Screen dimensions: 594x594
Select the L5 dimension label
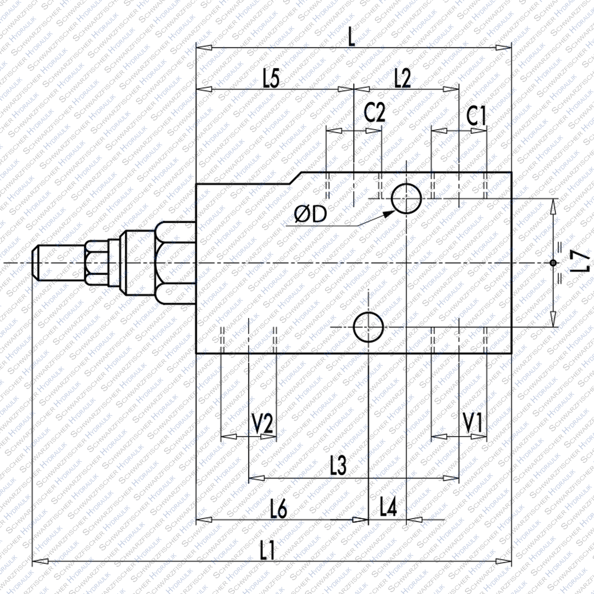tap(271, 78)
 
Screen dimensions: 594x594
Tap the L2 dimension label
tap(402, 78)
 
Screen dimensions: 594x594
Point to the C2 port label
tap(374, 114)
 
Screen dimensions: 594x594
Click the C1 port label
tap(476, 116)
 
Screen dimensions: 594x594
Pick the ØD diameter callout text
tap(310, 214)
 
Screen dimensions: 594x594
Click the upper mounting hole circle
tap(406, 198)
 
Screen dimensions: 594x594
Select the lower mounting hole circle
tap(368, 327)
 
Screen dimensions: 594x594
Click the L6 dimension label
tap(278, 510)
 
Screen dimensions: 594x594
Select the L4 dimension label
tap(388, 509)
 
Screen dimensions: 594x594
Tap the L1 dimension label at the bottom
tap(267, 551)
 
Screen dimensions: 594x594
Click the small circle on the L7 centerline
tap(553, 263)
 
